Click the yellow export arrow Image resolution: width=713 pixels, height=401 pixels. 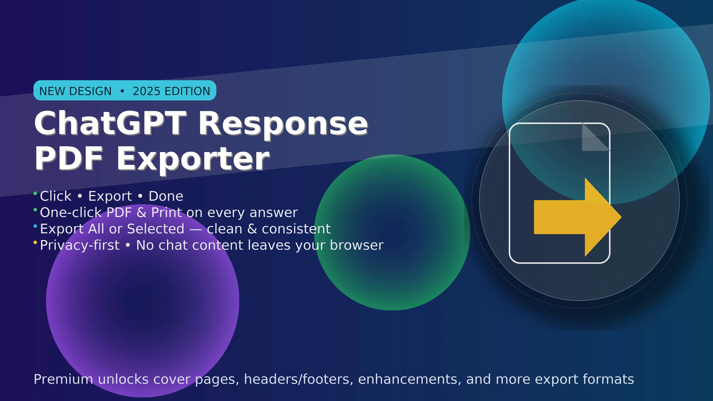[x=576, y=217]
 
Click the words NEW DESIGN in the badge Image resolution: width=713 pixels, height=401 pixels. [x=75, y=91]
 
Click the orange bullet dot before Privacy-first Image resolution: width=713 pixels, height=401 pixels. [x=35, y=242]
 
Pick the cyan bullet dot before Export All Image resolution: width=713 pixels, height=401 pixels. [x=35, y=226]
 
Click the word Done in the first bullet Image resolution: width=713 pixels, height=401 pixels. [x=166, y=196]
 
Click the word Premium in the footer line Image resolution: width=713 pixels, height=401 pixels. [x=63, y=379]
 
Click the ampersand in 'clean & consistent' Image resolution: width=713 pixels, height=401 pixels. [x=252, y=229]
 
